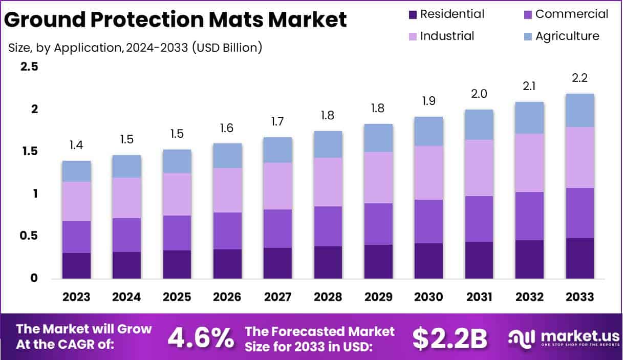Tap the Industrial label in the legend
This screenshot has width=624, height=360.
pos(447,36)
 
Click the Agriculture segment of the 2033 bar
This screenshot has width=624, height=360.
pos(579,111)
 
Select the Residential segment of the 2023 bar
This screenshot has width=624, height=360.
pos(76,266)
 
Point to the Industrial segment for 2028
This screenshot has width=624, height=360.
pos(328,182)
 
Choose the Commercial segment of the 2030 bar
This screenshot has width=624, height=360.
pos(428,221)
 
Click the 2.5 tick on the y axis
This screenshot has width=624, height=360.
pos(29,67)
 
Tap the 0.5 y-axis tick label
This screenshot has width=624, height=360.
pos(29,236)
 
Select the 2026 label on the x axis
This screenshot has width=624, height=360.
pos(227,297)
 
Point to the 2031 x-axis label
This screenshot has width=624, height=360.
pos(479,297)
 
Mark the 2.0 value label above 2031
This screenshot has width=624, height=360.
pos(479,94)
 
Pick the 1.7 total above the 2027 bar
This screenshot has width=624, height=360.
pos(277,122)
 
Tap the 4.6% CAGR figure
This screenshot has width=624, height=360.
pos(201,337)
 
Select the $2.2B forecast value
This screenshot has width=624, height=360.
pos(449,337)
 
